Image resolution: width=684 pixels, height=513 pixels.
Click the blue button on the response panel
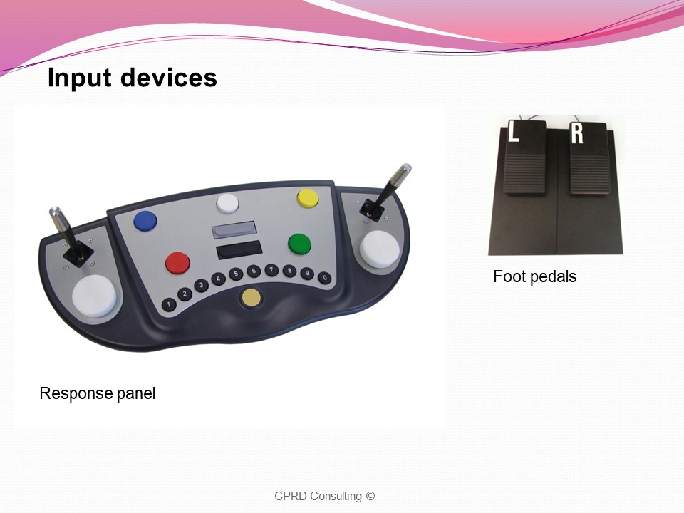pos(145,221)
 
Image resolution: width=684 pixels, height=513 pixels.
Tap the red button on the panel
pos(178,263)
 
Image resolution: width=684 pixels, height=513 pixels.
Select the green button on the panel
pos(300,243)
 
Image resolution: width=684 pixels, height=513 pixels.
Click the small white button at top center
pos(228,203)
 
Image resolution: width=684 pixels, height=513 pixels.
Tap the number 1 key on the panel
pos(169,304)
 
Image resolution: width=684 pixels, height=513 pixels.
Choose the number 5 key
pos(236,274)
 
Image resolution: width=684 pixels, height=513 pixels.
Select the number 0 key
pos(325,277)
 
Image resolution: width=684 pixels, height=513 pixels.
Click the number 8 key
pos(289,271)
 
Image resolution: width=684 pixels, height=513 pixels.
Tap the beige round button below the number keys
pos(251,298)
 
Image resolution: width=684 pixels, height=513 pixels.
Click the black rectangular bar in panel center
pos(239,249)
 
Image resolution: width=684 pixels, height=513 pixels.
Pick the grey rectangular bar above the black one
pos(234,230)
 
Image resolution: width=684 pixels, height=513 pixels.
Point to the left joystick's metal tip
pos(55,212)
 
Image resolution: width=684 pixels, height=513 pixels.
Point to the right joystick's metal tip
pos(405,168)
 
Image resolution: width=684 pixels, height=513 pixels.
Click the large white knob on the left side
pos(94,296)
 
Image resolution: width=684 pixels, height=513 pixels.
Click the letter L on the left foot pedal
pos(514,131)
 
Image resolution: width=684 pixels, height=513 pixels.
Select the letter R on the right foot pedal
pos(577,133)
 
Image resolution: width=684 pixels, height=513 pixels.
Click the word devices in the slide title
pos(168,78)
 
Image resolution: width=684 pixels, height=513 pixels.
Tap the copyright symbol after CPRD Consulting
pos(370,496)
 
